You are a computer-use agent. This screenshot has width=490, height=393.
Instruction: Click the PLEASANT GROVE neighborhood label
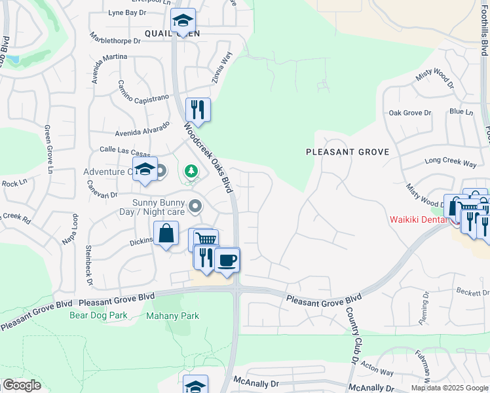point(348,152)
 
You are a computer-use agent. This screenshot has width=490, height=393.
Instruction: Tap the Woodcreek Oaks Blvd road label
point(208,157)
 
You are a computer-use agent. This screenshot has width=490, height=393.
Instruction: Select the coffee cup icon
point(227,260)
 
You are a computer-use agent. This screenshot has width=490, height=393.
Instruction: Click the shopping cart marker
point(206,239)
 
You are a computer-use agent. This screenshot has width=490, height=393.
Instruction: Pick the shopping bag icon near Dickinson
point(166,233)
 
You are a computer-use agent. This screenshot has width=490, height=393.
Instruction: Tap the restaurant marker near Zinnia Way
point(197,109)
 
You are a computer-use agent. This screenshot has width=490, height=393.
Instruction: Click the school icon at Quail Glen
point(183,22)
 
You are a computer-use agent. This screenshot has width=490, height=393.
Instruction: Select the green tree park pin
point(191,172)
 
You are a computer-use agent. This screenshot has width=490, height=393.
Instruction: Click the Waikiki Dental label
point(418,219)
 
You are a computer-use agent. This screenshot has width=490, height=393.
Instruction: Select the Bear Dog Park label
point(98,315)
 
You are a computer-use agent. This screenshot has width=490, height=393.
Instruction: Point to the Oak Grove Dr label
point(410,113)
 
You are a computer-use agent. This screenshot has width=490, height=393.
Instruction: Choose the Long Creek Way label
point(451,161)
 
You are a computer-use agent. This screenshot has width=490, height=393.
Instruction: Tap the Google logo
point(22,385)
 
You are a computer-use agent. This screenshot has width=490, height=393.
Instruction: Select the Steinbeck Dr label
point(88,265)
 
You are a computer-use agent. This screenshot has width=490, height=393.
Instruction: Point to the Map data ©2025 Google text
point(450,388)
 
